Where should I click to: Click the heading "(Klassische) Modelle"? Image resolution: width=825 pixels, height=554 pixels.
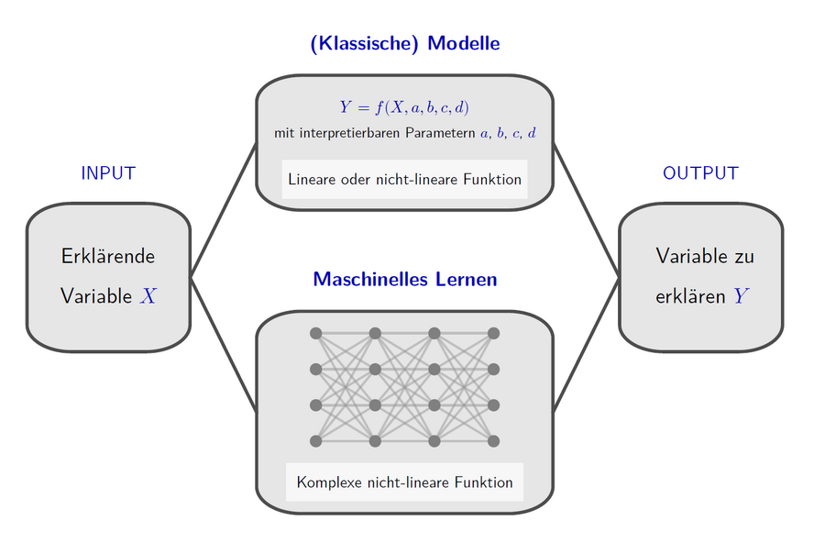click(x=404, y=44)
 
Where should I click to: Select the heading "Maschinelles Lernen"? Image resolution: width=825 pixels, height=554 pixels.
click(x=404, y=279)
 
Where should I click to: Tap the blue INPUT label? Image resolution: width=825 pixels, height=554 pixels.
click(x=108, y=173)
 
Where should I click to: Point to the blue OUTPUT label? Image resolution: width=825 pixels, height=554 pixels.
click(x=701, y=173)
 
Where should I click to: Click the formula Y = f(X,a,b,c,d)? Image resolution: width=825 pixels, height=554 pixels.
click(x=404, y=107)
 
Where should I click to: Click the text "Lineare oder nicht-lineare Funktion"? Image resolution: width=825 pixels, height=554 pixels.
click(x=404, y=180)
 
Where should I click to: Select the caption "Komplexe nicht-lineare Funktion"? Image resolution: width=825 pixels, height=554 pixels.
click(x=404, y=482)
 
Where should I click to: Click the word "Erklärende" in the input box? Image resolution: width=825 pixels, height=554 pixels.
click(x=108, y=257)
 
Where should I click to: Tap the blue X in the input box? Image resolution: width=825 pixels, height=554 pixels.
click(x=148, y=296)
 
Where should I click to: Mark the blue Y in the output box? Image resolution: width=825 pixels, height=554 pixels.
click(x=741, y=296)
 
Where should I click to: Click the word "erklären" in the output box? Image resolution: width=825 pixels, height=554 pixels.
click(x=690, y=297)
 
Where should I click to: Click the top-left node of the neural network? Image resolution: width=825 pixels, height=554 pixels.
click(x=315, y=333)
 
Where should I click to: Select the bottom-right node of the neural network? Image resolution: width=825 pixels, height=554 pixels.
click(x=493, y=441)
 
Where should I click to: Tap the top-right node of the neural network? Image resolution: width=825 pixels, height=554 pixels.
click(x=493, y=333)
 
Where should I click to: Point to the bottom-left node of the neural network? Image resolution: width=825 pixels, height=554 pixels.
click(x=315, y=441)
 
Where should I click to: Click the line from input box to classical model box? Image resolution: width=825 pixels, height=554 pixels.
click(x=224, y=210)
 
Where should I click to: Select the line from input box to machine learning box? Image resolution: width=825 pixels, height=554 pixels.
click(x=224, y=345)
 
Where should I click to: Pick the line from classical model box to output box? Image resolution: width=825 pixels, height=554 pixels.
click(x=586, y=210)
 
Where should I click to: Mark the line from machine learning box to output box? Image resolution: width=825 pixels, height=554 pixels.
click(x=586, y=345)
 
